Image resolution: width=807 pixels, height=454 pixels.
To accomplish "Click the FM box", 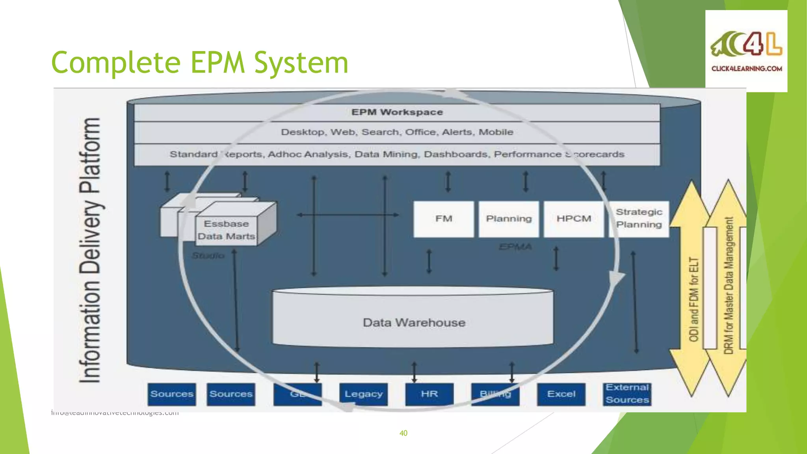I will click(x=444, y=219).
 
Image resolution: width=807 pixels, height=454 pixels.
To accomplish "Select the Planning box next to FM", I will click(x=509, y=219).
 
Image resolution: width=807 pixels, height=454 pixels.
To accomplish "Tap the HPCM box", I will click(x=574, y=219).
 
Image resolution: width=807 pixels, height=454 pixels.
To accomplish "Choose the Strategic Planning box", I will click(x=639, y=219).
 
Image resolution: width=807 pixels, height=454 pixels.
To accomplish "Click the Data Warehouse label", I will click(x=414, y=323).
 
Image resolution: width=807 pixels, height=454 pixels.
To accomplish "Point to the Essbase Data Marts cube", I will click(x=226, y=230).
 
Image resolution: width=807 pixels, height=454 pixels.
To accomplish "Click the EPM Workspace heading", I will click(x=397, y=112).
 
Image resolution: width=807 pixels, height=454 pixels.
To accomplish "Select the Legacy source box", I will click(x=363, y=394).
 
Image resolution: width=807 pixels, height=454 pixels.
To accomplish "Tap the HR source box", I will click(x=429, y=394).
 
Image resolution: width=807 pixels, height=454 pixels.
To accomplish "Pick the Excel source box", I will click(x=561, y=394).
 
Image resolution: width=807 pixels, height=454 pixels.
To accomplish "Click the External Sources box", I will click(x=627, y=394).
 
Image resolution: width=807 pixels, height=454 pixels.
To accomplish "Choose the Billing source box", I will click(x=495, y=394).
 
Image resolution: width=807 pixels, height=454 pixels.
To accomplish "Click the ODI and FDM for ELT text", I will click(x=694, y=300).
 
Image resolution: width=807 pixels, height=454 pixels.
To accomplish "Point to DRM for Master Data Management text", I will click(x=729, y=286).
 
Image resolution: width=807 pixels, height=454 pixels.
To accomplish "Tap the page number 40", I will click(x=403, y=433).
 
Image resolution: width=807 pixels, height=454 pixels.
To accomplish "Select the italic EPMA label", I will click(x=515, y=247).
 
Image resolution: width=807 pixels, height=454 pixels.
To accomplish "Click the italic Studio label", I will click(x=208, y=256).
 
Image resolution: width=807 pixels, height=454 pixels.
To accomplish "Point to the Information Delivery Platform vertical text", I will click(x=90, y=250).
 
